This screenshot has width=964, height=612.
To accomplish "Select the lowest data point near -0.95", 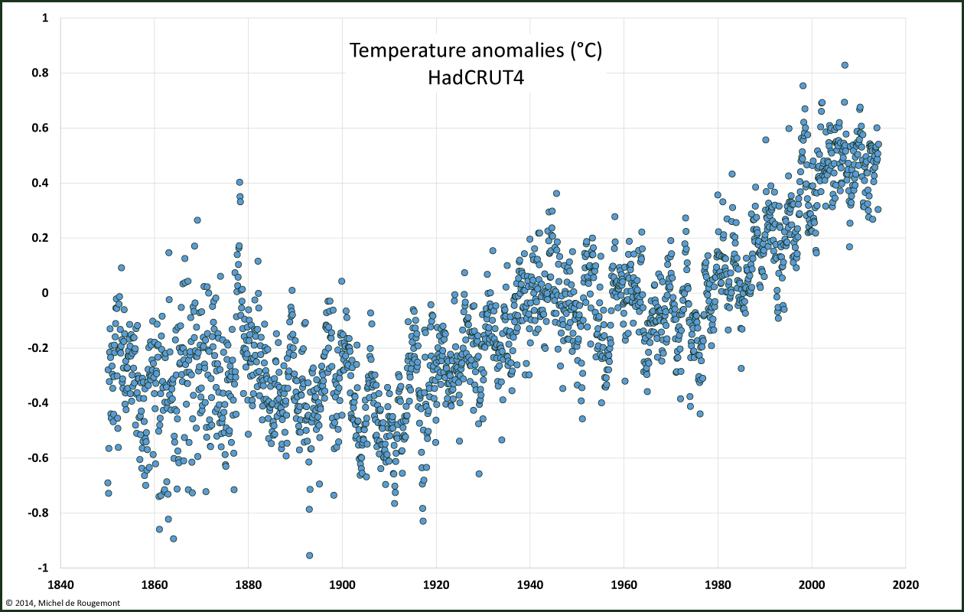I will pyautogui.click(x=310, y=555).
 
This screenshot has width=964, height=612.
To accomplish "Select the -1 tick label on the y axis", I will pyautogui.click(x=43, y=568).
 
